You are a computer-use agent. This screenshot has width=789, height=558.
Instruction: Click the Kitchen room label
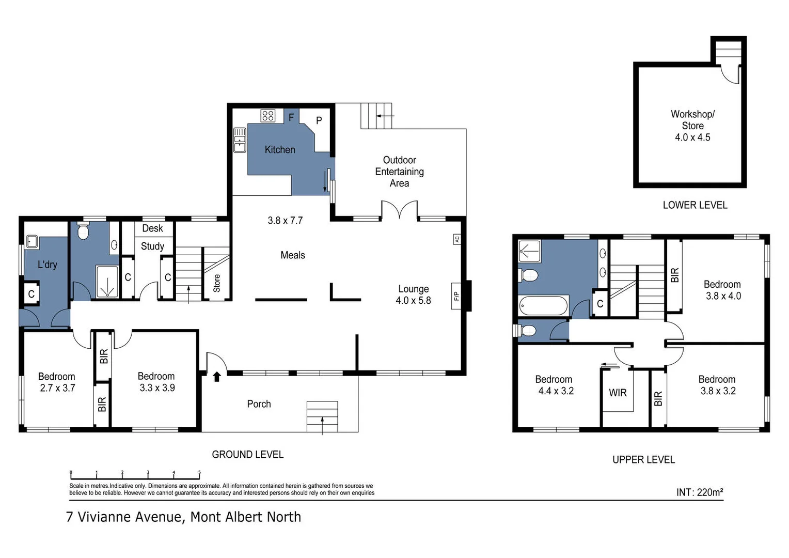pyautogui.click(x=280, y=150)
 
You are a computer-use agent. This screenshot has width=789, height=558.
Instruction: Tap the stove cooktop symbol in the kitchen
pyautogui.click(x=267, y=115)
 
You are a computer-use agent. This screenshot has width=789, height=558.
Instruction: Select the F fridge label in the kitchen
pyautogui.click(x=291, y=117)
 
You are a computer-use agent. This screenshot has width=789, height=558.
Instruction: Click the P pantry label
pyautogui.click(x=319, y=120)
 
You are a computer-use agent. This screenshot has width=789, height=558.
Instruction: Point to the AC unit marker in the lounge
pyautogui.click(x=456, y=239)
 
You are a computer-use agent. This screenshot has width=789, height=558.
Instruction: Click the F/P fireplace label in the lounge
pyautogui.click(x=456, y=296)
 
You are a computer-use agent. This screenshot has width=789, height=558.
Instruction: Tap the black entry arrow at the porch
pyautogui.click(x=217, y=377)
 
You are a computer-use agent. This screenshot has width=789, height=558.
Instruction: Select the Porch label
pyautogui.click(x=259, y=404)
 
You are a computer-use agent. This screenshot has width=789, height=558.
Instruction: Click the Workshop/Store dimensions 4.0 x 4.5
pyautogui.click(x=692, y=137)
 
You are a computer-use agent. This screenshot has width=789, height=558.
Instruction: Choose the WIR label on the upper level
pyautogui.click(x=618, y=393)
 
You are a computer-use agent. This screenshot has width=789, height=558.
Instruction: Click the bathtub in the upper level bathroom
pyautogui.click(x=544, y=305)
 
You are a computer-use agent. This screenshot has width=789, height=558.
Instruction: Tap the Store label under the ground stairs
pyautogui.click(x=217, y=283)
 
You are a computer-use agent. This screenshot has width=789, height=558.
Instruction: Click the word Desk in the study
pyautogui.click(x=152, y=228)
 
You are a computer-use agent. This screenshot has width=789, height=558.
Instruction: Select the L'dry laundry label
pyautogui.click(x=48, y=265)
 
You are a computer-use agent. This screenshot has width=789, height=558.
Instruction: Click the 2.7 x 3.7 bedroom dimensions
pyautogui.click(x=57, y=388)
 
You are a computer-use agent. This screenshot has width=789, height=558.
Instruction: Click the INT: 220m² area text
pyautogui.click(x=699, y=492)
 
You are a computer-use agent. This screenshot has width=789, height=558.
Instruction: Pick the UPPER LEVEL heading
pyautogui.click(x=643, y=460)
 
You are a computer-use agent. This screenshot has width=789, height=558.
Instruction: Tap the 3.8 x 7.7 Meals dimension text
pyautogui.click(x=285, y=221)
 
